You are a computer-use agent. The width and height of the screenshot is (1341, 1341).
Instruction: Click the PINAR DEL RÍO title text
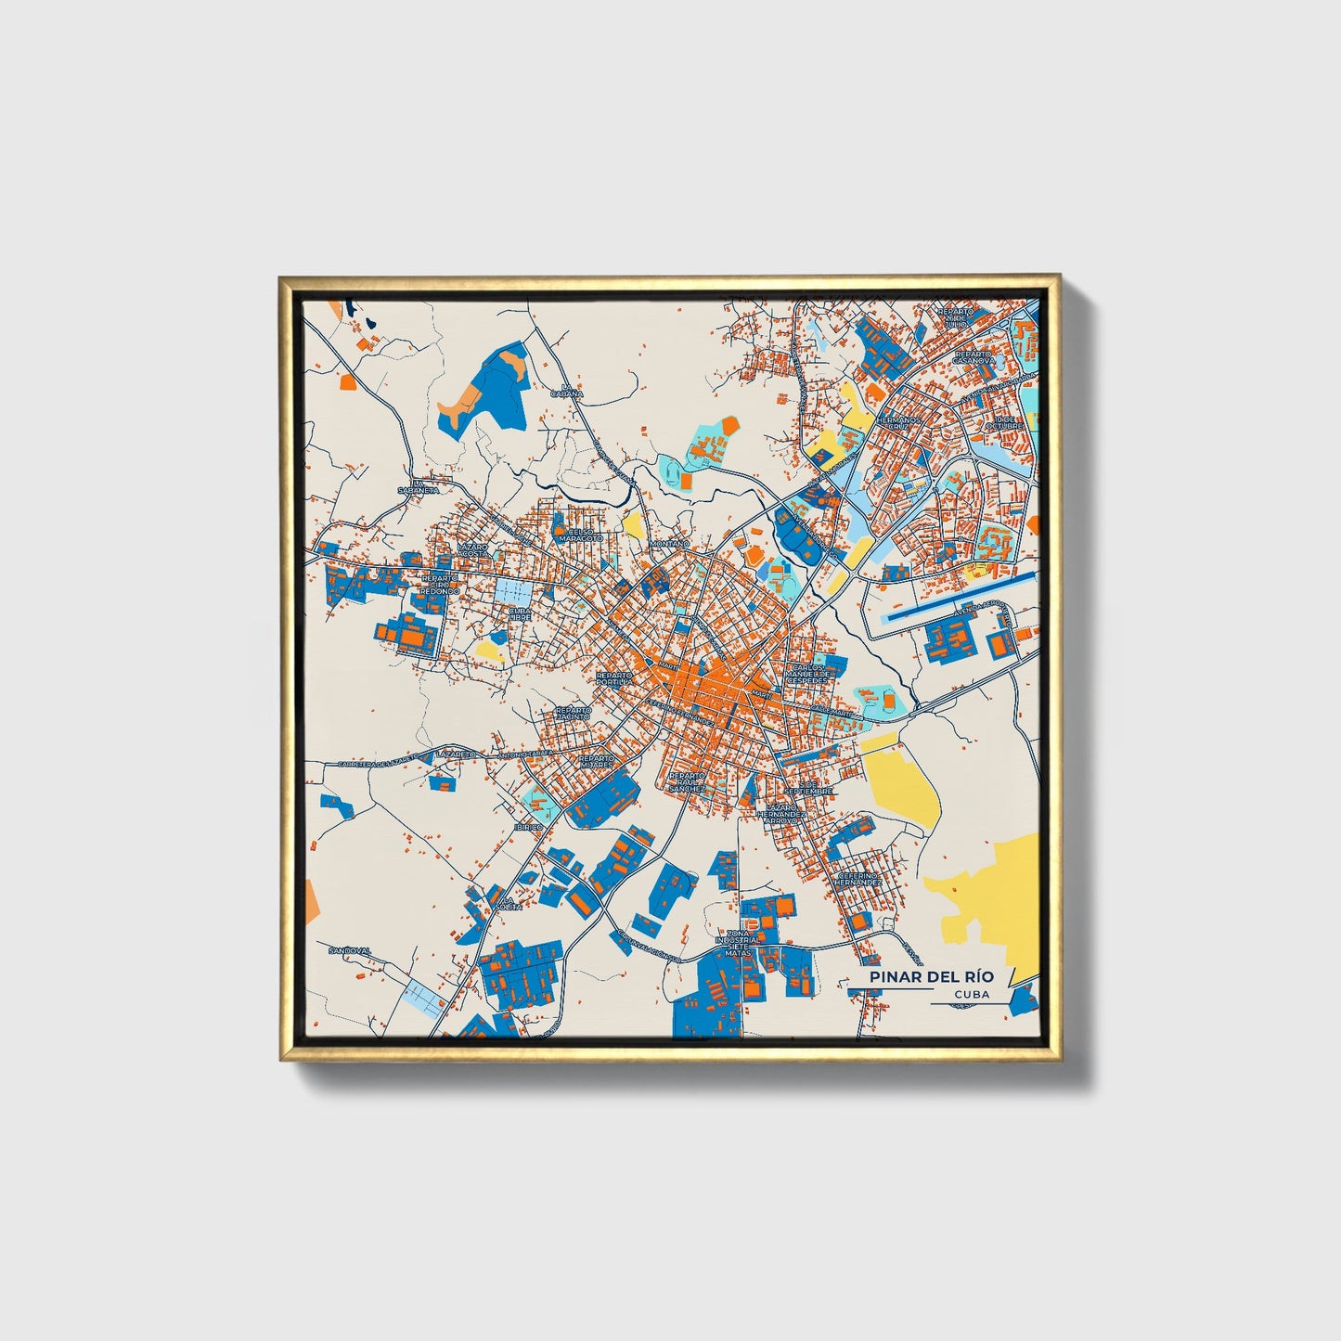pyautogui.click(x=931, y=977)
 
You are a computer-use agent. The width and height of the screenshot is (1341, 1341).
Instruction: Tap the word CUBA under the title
pyautogui.click(x=971, y=994)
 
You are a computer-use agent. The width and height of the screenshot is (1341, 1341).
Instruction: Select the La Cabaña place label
pyautogui.click(x=572, y=390)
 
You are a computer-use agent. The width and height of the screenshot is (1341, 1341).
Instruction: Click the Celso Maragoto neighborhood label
pyautogui.click(x=580, y=535)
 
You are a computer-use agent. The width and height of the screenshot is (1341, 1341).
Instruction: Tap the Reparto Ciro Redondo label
pyautogui.click(x=440, y=584)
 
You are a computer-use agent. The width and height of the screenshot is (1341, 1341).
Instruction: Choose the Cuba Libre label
pyautogui.click(x=520, y=613)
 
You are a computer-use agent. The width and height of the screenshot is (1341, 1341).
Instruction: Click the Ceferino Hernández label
pyautogui.click(x=858, y=878)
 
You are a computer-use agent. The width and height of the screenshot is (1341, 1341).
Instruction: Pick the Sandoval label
pyautogui.click(x=350, y=950)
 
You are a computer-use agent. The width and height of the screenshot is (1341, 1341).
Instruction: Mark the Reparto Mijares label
pyautogui.click(x=595, y=761)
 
